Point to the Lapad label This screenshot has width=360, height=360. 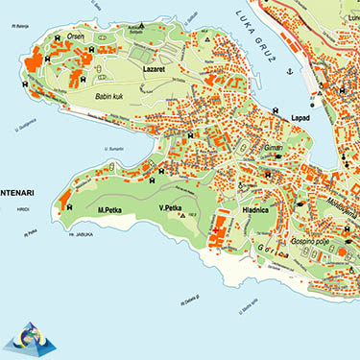point(302,117)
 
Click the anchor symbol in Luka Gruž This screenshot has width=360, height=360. point(315,100)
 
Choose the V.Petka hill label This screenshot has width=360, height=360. point(171,208)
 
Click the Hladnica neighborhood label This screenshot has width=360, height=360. point(261,209)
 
